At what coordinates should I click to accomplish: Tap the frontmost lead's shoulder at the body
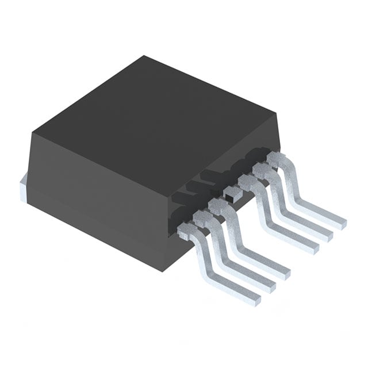[187, 231]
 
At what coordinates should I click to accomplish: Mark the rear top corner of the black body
[144, 56]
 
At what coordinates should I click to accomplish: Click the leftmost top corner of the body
[32, 133]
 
